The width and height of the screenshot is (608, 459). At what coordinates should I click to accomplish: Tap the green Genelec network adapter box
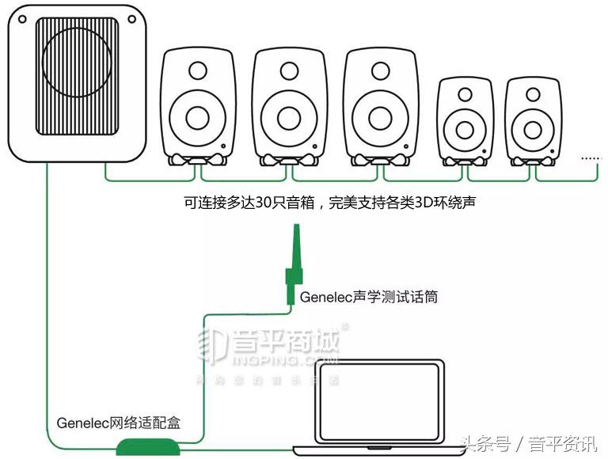coord(148,446)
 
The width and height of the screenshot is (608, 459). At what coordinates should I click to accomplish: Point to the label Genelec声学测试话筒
coord(369,298)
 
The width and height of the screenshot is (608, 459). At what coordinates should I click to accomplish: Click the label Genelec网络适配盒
coord(119,423)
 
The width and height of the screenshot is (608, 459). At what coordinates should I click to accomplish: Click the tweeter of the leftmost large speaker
coord(194,73)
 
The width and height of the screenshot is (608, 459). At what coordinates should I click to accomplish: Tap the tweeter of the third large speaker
coord(378,73)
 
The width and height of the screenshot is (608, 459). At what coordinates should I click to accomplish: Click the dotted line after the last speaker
coord(591,159)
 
